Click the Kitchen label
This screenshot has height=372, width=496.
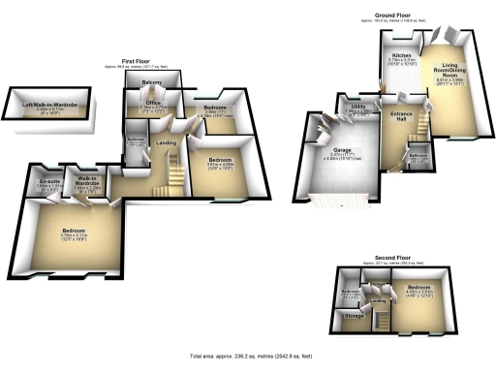point(401,56)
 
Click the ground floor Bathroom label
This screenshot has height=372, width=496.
point(418,153)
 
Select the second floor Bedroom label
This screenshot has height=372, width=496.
point(418,289)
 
